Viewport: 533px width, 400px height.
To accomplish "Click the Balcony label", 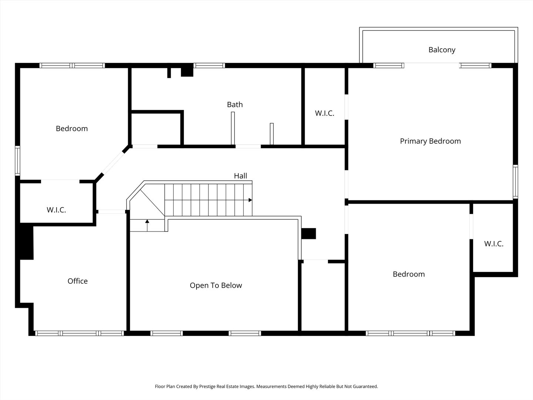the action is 442,50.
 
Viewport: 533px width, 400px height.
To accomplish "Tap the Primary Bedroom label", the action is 430,141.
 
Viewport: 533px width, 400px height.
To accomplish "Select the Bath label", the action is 235,104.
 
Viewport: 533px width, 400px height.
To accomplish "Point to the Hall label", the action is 240,176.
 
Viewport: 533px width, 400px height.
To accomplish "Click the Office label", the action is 77,281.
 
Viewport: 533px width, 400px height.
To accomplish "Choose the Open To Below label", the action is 216,285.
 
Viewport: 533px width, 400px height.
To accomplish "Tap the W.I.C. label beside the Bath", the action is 324,113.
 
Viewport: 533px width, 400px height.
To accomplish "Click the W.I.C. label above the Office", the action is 56,210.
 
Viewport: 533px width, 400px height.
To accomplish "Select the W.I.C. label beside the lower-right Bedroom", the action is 494,244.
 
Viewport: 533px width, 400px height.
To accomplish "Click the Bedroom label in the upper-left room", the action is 72,129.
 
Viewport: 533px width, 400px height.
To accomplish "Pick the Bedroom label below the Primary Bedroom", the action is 409,274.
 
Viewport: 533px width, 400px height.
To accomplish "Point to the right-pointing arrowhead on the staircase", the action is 250,200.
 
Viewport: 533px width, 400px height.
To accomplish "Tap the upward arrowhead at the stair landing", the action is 147,221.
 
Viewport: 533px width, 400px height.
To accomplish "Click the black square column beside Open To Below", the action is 309,234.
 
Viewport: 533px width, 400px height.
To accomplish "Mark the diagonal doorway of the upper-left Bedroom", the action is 113,163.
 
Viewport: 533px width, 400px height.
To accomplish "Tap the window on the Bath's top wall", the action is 209,65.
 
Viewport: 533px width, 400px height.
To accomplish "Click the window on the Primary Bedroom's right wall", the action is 515,181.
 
